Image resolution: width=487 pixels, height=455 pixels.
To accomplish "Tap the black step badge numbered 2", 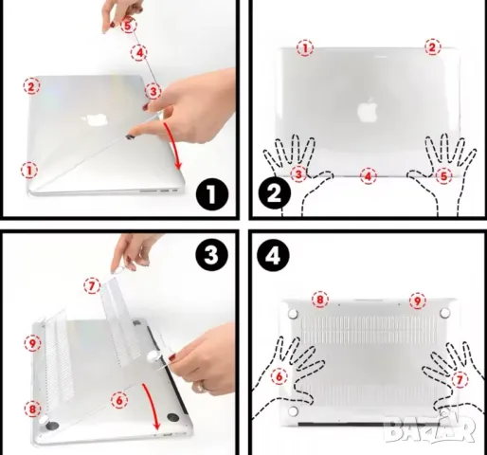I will (x=274, y=196).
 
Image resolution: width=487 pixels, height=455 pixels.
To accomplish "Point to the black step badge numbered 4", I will (x=274, y=256).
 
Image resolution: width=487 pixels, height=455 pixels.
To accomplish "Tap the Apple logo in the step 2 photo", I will (x=367, y=110).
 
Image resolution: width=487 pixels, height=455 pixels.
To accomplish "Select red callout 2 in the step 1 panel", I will (x=31, y=86).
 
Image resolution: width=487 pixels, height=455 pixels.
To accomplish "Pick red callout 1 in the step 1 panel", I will (x=29, y=171).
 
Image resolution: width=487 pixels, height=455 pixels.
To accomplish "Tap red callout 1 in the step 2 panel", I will (x=304, y=46).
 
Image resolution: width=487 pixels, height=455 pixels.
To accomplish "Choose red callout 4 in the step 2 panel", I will (x=369, y=175).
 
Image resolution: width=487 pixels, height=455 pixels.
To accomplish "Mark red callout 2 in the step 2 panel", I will (x=432, y=46).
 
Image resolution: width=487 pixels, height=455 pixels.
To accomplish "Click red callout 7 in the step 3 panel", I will (x=91, y=283).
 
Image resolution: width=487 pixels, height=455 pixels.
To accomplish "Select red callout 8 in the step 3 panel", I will (x=33, y=409).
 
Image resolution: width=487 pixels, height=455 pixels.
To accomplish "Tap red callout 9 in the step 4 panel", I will (x=416, y=300).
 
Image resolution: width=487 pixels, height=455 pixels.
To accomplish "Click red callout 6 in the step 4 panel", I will (x=280, y=376).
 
